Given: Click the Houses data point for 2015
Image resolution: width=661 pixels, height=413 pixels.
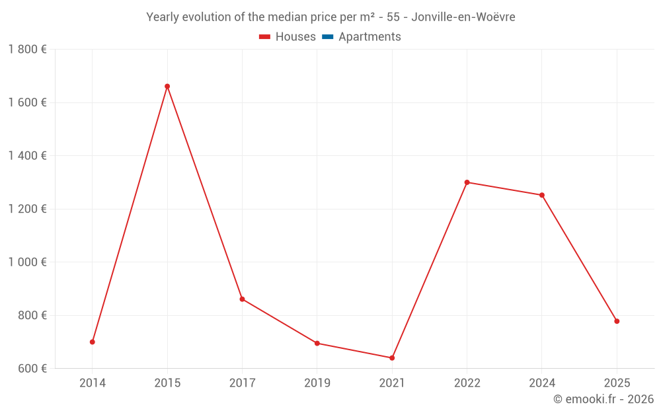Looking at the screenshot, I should coord(167,87).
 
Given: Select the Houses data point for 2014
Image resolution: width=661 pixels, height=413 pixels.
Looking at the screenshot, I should coord(93,342).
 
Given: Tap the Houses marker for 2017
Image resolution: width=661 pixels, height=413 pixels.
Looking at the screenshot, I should coord(242,299).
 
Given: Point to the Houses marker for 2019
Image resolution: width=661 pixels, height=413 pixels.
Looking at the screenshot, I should coord(317,344).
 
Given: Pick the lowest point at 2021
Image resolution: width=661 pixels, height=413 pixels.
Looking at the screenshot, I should coord(392,358).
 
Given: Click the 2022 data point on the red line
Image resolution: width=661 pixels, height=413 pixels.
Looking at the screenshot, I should coord(467,182).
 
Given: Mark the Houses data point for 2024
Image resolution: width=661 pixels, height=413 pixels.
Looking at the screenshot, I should coord(542,195).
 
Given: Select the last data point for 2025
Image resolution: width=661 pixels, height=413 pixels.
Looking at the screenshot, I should coord(617,321).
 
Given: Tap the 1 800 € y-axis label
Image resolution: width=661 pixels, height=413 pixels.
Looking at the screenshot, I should coord(27,50).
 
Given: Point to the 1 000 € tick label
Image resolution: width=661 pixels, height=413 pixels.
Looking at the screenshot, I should coord(27,262).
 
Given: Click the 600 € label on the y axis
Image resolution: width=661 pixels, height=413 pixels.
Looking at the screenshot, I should coord(31,369).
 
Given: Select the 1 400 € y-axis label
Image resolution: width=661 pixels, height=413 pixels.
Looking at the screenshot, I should coord(27,156).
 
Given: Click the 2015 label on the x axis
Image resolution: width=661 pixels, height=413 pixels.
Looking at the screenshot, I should coord(167,383).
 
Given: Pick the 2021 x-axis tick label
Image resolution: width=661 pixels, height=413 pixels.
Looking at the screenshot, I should coord(392,383).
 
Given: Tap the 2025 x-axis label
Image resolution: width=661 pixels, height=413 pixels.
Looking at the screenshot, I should coord(617,383).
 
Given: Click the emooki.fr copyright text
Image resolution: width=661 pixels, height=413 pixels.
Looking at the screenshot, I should coord(603,399).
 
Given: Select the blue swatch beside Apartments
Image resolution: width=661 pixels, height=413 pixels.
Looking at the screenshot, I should coord(327,37).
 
